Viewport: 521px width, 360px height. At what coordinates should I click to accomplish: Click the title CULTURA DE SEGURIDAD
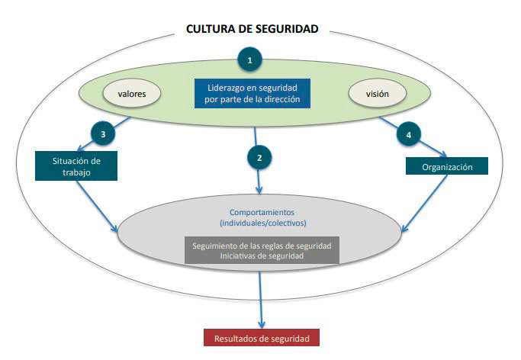[x=252, y=30]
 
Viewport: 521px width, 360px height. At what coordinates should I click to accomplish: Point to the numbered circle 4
[x=409, y=135]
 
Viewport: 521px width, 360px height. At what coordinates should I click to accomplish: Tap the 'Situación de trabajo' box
[x=76, y=166]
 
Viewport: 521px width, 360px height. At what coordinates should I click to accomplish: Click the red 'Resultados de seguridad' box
[x=262, y=337]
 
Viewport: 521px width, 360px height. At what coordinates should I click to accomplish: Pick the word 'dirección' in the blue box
[x=284, y=100]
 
